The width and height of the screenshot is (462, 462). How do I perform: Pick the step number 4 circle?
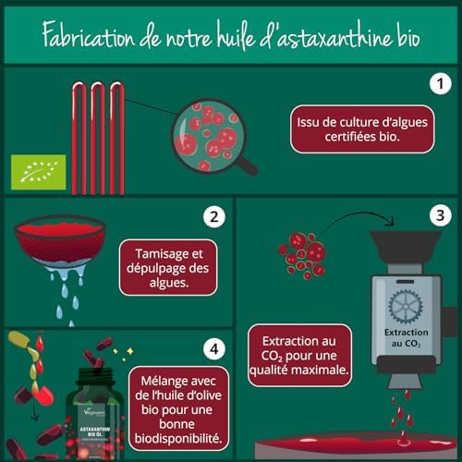pyautogui.click(x=213, y=349)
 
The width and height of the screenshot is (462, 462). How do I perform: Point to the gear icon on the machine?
pyautogui.click(x=404, y=304)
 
